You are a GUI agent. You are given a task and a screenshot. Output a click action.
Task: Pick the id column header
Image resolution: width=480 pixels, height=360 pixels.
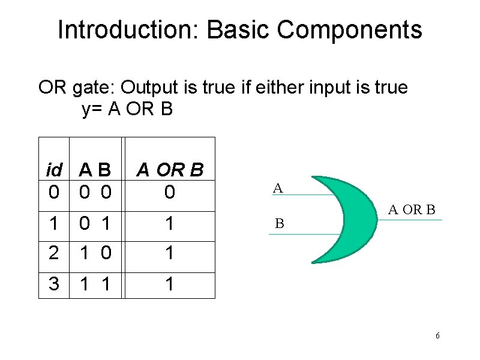coord(54,170)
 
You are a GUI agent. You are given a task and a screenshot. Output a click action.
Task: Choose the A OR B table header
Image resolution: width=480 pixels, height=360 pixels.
coord(170,170)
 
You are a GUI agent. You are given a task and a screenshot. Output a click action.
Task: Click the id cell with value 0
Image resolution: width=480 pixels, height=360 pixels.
coord(54,193)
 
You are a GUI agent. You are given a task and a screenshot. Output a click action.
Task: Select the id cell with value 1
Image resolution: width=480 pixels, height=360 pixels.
coord(54,224)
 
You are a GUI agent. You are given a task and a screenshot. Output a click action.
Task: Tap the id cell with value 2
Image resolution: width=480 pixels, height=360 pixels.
coord(54,253)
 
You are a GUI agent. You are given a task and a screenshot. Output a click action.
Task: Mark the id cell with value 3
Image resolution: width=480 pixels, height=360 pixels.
coord(54,283)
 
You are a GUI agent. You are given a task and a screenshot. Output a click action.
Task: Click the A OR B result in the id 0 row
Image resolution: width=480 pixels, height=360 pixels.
coord(170,193)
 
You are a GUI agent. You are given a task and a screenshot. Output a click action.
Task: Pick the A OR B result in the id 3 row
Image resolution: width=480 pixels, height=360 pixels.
coord(170,283)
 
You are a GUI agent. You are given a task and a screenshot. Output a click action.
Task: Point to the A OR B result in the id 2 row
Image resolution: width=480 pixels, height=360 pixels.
coord(170,253)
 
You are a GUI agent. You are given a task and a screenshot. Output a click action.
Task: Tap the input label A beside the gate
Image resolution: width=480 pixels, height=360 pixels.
coord(278,188)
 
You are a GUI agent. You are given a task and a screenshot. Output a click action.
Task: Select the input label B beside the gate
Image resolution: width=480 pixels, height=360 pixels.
coord(279,224)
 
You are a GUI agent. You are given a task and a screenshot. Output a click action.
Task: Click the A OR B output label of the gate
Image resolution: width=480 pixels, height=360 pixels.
coord(411,210)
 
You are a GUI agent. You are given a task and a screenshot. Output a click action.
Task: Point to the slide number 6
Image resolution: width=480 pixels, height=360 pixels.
coord(437,335)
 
